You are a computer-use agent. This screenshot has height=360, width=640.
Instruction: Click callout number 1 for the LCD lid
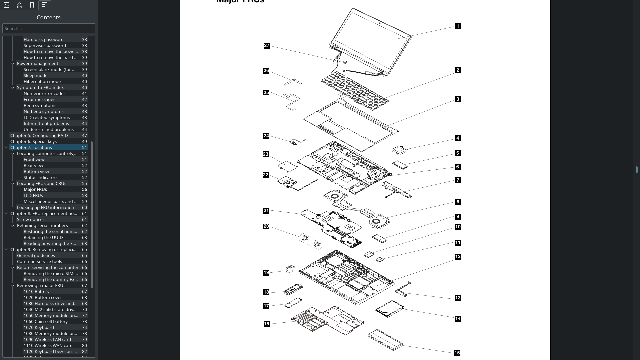tap(458, 26)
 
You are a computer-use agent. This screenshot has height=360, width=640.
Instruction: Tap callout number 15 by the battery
tap(457, 353)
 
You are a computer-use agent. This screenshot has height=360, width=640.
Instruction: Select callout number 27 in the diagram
tap(266, 46)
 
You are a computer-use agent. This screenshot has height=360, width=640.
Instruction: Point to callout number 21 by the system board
tap(266, 211)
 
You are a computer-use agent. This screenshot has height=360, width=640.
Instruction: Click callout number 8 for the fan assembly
tap(458, 202)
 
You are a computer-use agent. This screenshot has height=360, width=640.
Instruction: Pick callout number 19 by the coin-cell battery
tap(266, 273)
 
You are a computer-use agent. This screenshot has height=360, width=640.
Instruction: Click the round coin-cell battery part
tap(290, 269)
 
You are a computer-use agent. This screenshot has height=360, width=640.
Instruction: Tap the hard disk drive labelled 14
tap(389, 309)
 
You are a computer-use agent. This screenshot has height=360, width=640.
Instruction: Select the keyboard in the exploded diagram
tap(355, 90)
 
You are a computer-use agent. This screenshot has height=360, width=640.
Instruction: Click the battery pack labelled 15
tap(385, 339)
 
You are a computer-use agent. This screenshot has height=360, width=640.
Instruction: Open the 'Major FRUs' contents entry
tap(35, 189)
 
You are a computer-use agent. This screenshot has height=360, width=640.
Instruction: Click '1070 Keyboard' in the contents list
tap(39, 327)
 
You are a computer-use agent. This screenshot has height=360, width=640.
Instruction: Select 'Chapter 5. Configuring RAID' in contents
tap(39, 135)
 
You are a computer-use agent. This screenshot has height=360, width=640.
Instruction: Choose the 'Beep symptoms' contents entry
tap(40, 105)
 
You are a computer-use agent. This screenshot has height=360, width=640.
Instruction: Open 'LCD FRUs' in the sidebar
tap(33, 195)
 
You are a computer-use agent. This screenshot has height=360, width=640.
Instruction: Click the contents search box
tap(49, 28)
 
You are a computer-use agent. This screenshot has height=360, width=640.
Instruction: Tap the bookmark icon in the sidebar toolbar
tap(32, 5)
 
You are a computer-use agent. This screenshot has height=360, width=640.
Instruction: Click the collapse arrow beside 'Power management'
tap(13, 63)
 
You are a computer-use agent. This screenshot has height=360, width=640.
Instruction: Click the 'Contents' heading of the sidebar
tap(49, 17)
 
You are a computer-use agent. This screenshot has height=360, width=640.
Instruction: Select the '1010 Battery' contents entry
tap(37, 291)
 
